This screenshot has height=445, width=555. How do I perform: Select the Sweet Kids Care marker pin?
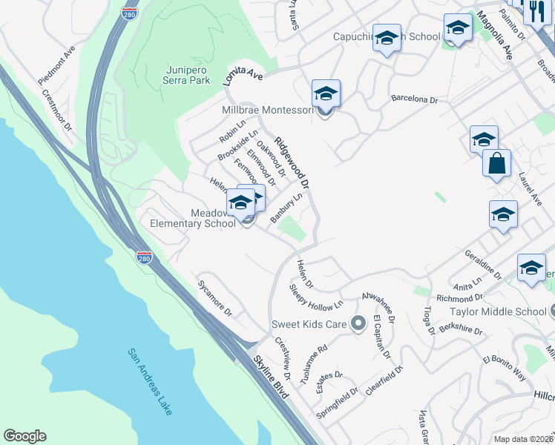tap(358, 323)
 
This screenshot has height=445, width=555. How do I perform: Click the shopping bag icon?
tap(496, 165)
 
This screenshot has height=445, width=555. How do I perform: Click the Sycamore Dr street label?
tap(215, 297)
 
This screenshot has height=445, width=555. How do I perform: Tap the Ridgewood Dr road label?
tap(292, 162)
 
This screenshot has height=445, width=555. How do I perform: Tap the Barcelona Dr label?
tap(415, 99)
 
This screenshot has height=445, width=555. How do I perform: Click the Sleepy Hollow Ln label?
tap(317, 296)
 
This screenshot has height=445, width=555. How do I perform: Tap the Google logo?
tap(24, 436)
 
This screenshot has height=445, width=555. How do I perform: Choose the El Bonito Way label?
tap(505, 367)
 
